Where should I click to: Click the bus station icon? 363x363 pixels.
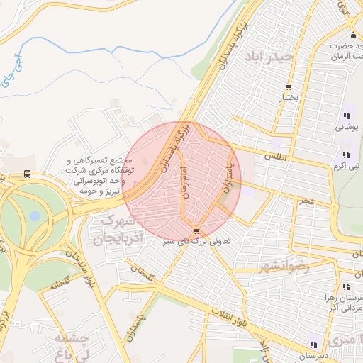point(27,174)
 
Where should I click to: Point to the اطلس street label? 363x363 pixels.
point(276,155)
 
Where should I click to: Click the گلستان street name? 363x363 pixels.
point(143,271)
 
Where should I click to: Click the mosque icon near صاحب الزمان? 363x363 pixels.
point(352,36)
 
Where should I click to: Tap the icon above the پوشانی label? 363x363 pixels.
point(347,116)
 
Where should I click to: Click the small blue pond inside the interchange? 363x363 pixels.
point(36,216)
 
